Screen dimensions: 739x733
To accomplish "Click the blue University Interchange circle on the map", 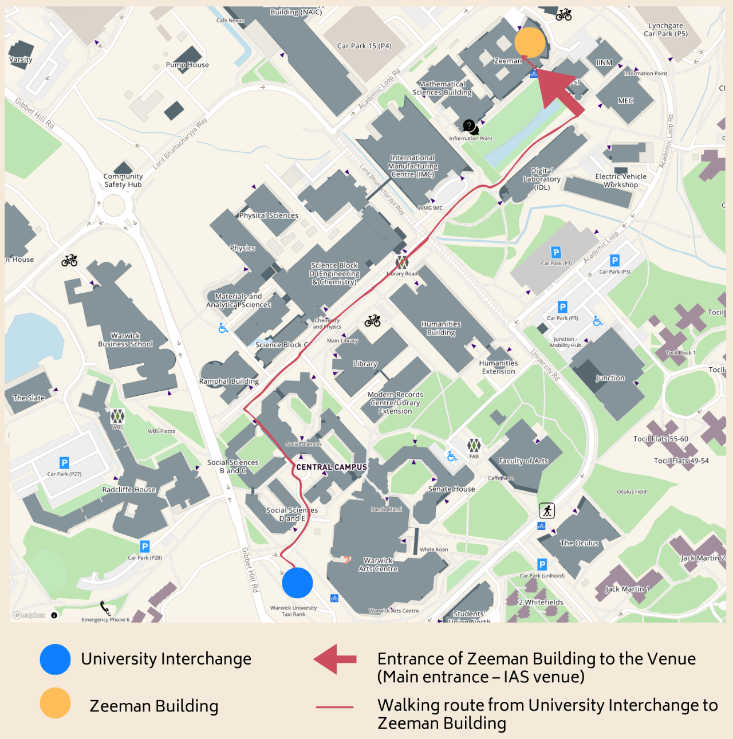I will [x=297, y=583].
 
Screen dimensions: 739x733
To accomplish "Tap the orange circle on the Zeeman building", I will [x=530, y=42].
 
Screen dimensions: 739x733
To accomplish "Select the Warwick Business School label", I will [x=125, y=340].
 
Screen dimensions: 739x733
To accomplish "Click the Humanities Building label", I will [x=441, y=328].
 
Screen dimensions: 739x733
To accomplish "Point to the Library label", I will [x=365, y=364].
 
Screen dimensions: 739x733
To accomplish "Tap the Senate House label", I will [x=451, y=489].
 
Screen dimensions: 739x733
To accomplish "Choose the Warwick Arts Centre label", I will [x=378, y=564].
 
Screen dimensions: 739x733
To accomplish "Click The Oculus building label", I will [x=579, y=543].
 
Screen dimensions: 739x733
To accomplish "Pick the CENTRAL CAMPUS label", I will [x=332, y=467].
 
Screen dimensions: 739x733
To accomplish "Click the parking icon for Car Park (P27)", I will [x=64, y=463].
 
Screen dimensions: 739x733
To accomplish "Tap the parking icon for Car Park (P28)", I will [x=145, y=547].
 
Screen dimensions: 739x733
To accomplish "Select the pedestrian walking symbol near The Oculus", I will [x=547, y=510].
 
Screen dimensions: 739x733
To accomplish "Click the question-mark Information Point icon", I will [x=469, y=125].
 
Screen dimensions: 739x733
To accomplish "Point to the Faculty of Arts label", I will [x=523, y=461].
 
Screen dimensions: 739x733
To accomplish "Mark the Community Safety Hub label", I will [x=123, y=180].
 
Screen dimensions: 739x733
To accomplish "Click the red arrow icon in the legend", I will [x=336, y=659].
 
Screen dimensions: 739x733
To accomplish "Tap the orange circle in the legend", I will [x=56, y=703].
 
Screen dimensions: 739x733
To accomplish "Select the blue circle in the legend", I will [x=56, y=659].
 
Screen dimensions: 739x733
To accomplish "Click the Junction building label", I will [x=610, y=378].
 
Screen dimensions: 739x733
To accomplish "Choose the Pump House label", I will [x=187, y=65].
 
